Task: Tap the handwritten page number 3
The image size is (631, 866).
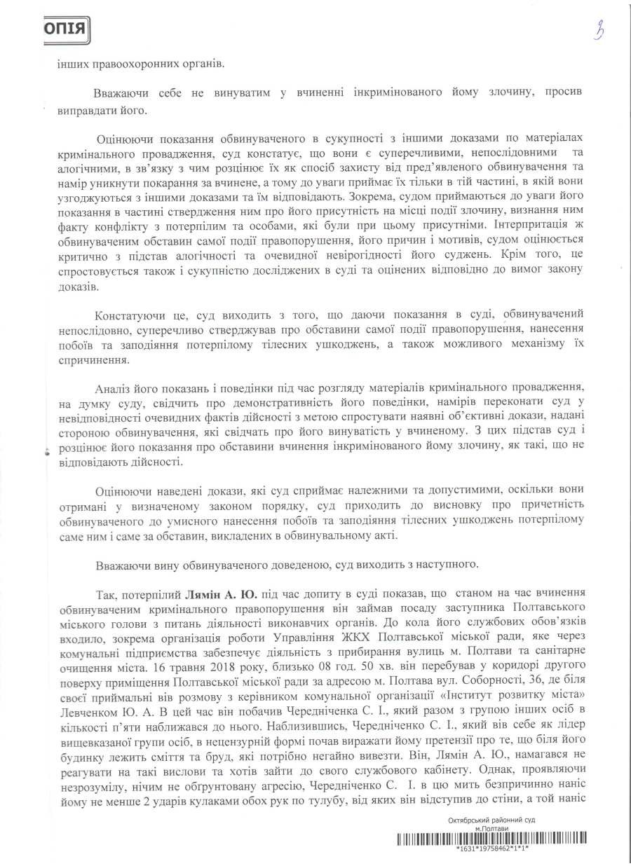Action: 598,32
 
